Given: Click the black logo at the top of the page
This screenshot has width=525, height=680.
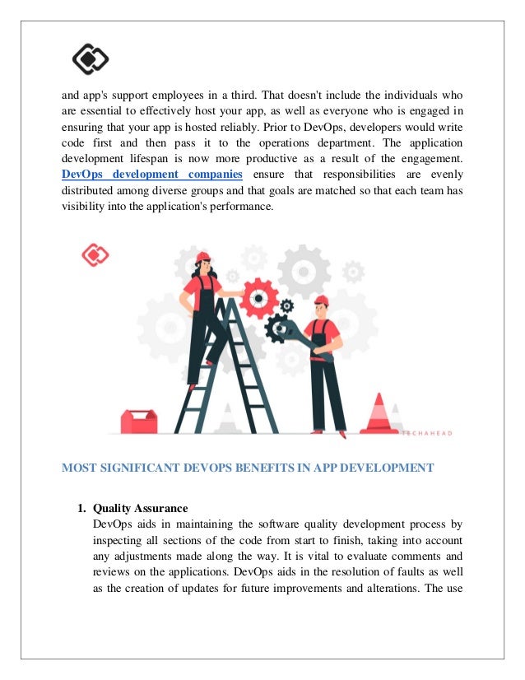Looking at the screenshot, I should click(90, 58).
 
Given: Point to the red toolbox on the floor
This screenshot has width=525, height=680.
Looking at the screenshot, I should click(138, 422).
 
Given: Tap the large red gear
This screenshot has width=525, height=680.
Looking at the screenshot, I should click(259, 296).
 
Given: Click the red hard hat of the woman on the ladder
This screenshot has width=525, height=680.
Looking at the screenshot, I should click(203, 257).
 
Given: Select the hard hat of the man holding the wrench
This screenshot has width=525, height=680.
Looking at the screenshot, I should click(322, 300).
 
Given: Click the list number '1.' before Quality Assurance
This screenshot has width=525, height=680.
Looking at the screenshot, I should click(82, 508).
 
